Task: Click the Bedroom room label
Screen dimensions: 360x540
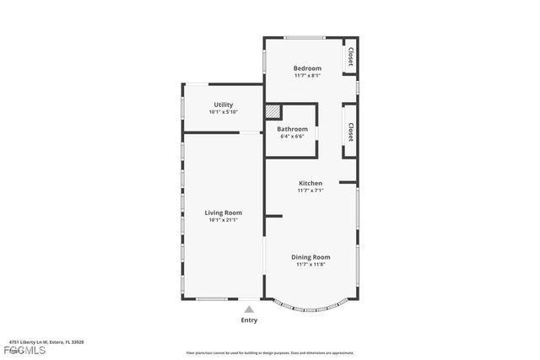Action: point(307,68)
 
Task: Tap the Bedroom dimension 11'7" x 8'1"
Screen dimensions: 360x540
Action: point(307,76)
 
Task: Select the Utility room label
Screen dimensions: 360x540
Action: point(223,105)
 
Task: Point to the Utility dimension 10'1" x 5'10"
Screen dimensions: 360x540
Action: point(223,112)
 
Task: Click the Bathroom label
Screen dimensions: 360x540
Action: point(292,129)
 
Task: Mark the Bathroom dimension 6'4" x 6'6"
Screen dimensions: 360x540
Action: point(292,137)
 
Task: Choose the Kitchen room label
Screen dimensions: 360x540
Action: point(310,183)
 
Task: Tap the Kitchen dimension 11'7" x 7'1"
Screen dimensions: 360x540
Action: point(310,191)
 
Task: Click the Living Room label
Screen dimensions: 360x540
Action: point(223,212)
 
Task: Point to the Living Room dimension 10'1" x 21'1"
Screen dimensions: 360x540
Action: point(223,220)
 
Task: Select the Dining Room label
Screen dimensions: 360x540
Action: point(310,257)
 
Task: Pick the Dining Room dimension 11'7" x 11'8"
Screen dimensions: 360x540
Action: point(310,265)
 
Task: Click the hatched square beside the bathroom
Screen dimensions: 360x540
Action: point(272,110)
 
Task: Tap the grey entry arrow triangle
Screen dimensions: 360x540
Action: point(249,309)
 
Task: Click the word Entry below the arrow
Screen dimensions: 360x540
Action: point(249,320)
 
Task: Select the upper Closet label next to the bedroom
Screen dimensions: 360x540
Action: point(350,57)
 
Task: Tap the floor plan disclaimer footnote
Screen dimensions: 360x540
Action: point(270,353)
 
